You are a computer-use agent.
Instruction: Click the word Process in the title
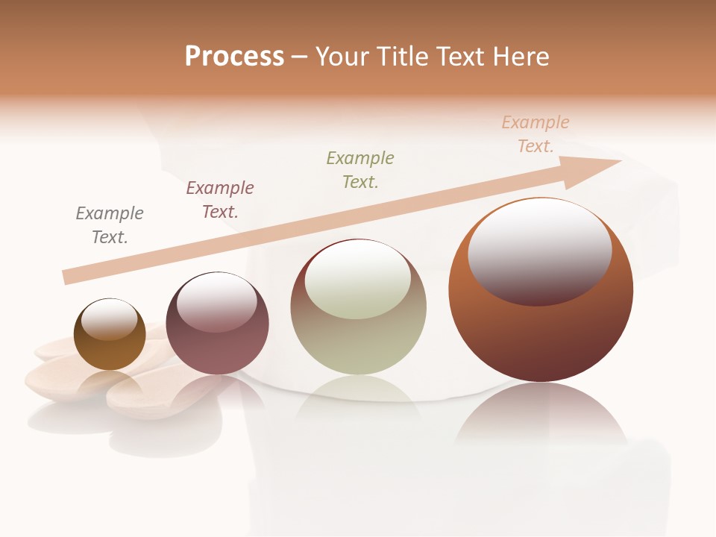(234, 57)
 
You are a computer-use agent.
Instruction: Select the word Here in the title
(520, 57)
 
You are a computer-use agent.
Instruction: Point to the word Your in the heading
(342, 57)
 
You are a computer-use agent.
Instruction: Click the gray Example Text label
(110, 225)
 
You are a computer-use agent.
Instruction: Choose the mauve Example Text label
(220, 200)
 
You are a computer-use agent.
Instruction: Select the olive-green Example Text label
(360, 170)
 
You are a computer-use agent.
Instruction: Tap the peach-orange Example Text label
(536, 134)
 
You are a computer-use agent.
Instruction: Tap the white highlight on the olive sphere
(358, 280)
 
